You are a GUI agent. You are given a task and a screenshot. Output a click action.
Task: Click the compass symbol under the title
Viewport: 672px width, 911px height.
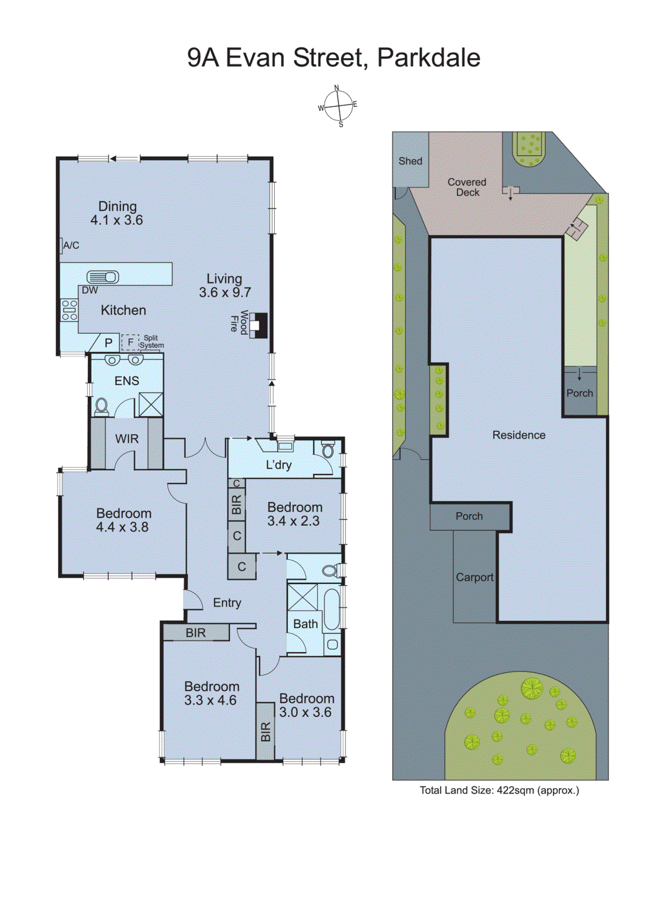pos(339,106)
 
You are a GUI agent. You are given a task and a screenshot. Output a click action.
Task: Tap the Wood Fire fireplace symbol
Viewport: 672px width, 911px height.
pos(258,325)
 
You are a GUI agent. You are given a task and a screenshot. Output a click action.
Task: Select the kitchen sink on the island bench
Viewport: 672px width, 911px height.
pos(103,277)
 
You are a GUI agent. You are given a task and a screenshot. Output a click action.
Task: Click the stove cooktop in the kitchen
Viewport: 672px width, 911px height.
pos(70,310)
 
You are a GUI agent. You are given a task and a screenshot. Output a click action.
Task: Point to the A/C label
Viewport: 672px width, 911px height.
pos(71,245)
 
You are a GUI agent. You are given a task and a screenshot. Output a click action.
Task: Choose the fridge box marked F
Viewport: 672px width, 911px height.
pos(130,342)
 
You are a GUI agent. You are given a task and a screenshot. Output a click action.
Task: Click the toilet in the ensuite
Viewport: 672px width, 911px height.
pos(101,406)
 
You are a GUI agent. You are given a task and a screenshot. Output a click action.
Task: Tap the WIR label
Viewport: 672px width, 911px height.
pos(127,439)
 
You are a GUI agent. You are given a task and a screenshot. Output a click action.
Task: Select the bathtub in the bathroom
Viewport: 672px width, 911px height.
pos(332,609)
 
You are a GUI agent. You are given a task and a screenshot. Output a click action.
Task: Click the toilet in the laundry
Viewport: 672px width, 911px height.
pos(328,450)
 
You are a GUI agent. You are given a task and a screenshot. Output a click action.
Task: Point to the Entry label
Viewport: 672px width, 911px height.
pos(227,602)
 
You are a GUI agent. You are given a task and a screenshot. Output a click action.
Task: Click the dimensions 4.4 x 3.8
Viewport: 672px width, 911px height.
pos(122,527)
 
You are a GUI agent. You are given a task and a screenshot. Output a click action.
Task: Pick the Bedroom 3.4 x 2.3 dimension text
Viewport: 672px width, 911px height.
pos(294,521)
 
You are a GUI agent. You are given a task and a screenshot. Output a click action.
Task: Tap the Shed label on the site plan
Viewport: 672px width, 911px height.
pos(410,161)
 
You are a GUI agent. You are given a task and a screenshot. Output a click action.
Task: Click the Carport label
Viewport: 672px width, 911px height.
pos(475,577)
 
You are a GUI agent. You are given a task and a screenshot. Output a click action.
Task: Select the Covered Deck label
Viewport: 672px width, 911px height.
pos(467,187)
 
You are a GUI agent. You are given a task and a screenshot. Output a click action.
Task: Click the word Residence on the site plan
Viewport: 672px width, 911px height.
pos(519,435)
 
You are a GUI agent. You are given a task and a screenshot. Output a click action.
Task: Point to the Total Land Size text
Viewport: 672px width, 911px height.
pos(499,790)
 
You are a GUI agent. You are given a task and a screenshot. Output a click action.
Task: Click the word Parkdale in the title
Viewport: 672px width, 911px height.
pos(429,58)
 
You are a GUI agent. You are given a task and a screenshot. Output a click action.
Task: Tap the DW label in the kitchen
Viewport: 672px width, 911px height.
pos(89,290)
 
